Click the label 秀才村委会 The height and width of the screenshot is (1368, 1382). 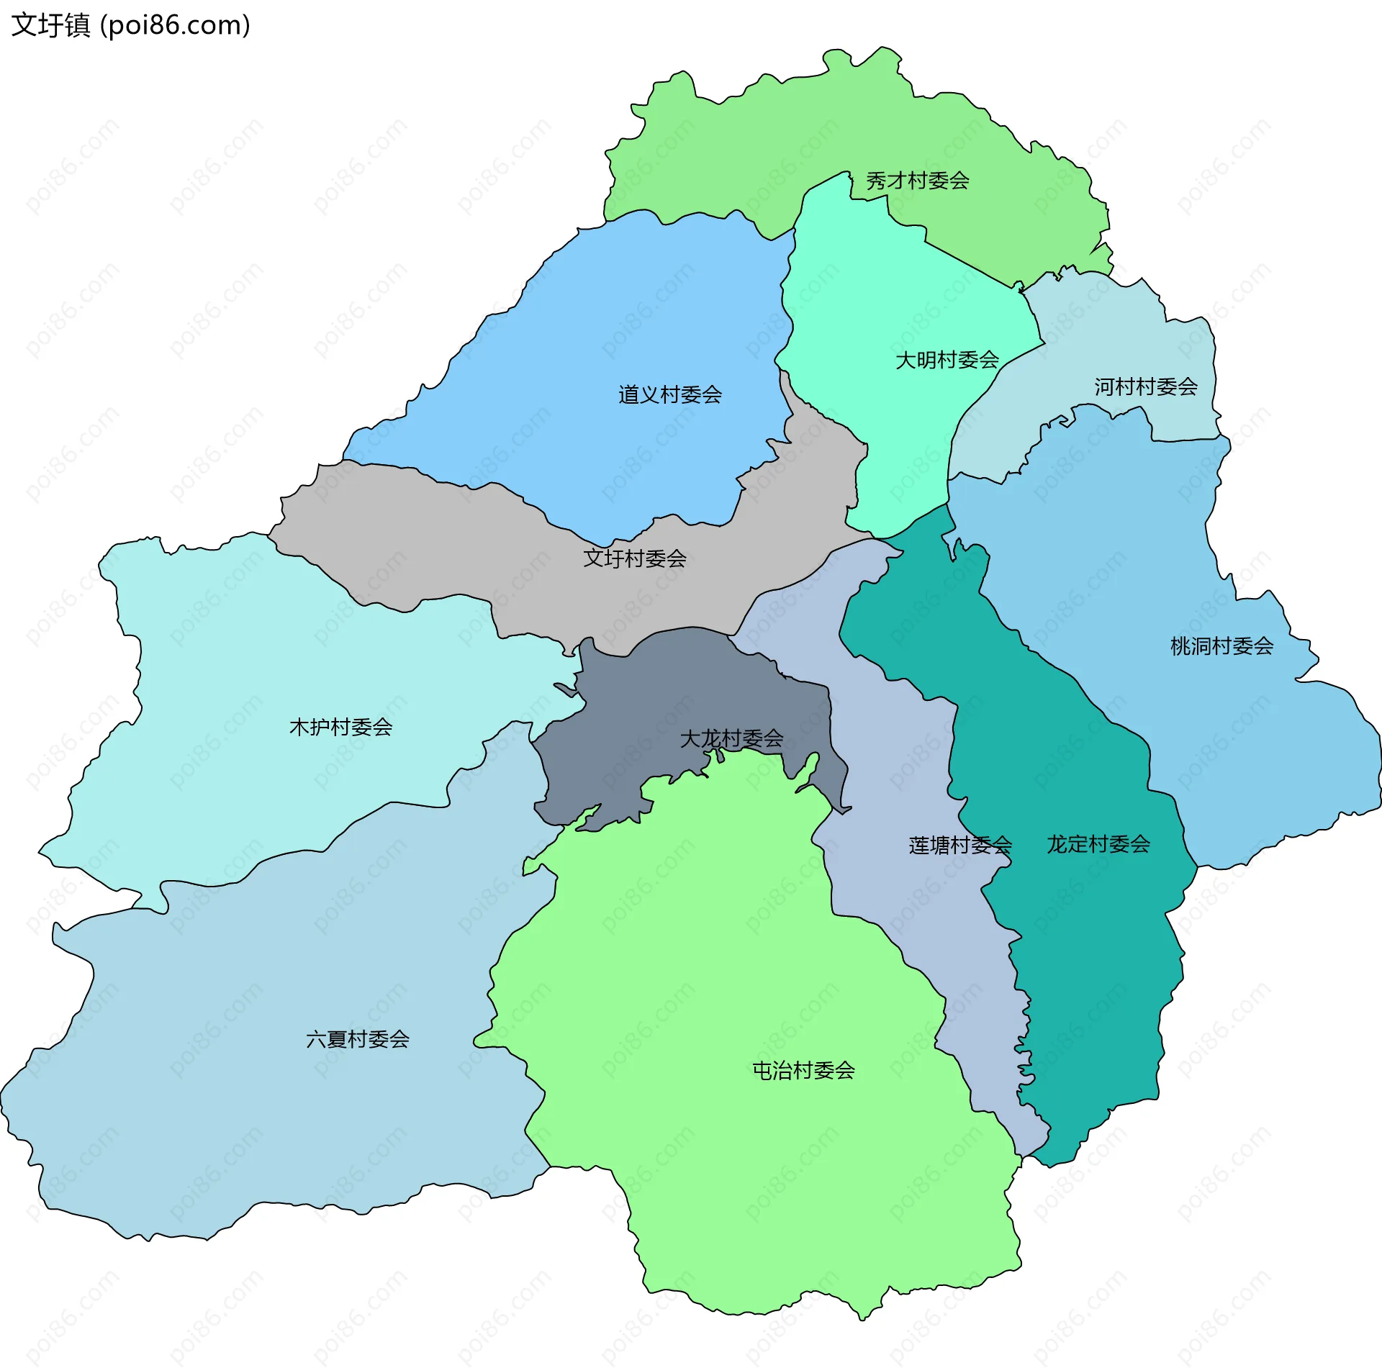(x=917, y=181)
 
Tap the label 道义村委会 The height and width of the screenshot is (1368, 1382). (x=669, y=394)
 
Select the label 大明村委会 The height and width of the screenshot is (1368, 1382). (x=947, y=360)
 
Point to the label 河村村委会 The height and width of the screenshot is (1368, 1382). (x=1146, y=387)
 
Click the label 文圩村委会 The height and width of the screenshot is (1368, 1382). (x=634, y=558)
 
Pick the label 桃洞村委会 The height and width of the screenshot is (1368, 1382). (x=1221, y=646)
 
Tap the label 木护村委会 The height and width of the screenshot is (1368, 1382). (x=340, y=727)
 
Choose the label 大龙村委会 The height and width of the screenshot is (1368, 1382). (x=731, y=738)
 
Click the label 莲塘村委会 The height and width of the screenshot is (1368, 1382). (x=959, y=845)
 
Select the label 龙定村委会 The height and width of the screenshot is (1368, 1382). (x=1098, y=844)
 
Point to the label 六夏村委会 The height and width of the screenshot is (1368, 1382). (x=358, y=1039)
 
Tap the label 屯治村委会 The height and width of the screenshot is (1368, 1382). (x=803, y=1071)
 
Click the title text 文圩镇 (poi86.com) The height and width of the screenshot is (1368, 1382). (x=130, y=25)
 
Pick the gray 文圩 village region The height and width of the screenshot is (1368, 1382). (x=432, y=533)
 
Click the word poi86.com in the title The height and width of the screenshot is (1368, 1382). (x=174, y=25)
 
